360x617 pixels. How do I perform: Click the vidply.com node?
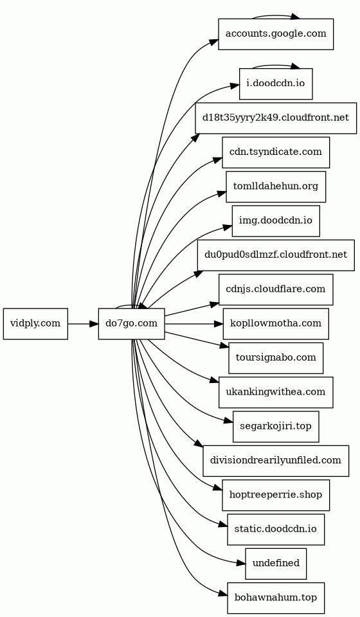(x=35, y=323)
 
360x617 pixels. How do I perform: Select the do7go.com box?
(x=131, y=323)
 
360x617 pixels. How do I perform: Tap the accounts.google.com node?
(x=276, y=34)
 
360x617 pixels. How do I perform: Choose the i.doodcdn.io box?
(x=276, y=84)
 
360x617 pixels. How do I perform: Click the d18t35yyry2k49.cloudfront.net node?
(x=276, y=118)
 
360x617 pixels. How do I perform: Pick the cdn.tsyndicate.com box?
(x=276, y=152)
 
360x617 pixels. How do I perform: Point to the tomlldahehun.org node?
(x=276, y=186)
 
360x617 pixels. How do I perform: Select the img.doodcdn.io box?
(x=276, y=220)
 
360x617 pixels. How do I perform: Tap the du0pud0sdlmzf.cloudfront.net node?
(x=276, y=255)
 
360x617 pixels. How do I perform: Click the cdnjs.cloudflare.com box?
(x=276, y=289)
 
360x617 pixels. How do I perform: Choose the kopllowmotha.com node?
(x=276, y=323)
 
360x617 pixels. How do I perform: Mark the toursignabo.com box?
(x=276, y=358)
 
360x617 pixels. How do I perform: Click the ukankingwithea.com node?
(x=276, y=392)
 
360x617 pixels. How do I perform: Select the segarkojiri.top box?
(x=276, y=426)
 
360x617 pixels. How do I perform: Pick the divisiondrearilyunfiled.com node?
(x=276, y=461)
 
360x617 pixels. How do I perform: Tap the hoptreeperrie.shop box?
(x=276, y=495)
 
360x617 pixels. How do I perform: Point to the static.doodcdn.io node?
(x=276, y=529)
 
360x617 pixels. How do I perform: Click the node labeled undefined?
(x=276, y=564)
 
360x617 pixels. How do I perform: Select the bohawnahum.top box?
(x=276, y=598)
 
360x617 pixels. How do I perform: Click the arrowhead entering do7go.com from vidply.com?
(x=94, y=324)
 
